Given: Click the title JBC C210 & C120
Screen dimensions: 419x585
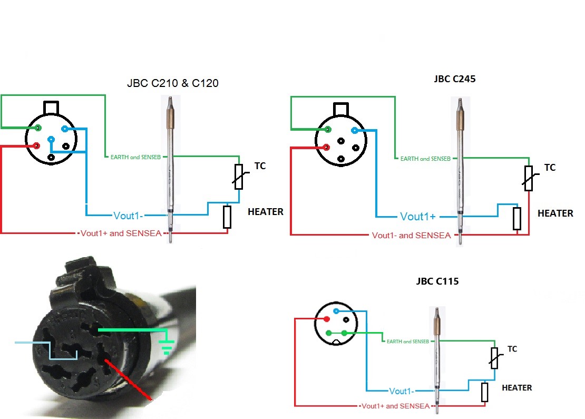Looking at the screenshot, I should [x=172, y=83].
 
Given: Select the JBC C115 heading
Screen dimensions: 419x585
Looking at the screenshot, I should [x=437, y=281].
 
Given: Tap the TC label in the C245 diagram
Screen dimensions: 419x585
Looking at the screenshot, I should [x=550, y=168].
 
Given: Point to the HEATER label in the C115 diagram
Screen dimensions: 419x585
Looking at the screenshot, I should [x=516, y=387].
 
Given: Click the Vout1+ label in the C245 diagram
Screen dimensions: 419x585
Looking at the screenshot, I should [x=418, y=217].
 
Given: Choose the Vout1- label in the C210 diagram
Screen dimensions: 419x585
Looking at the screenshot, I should [x=129, y=215].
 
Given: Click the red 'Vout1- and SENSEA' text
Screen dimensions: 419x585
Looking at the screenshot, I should [x=411, y=235].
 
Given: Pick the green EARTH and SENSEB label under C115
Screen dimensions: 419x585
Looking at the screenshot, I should [x=407, y=342].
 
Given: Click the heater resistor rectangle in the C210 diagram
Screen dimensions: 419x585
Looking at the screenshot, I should [x=227, y=217].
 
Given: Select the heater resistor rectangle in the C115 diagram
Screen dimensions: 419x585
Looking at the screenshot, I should [x=484, y=392].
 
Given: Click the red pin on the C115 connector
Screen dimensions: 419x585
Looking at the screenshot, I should [x=327, y=319].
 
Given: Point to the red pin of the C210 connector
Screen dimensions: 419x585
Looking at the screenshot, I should [x=36, y=145].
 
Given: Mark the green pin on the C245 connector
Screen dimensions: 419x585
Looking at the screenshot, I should [x=328, y=129].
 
